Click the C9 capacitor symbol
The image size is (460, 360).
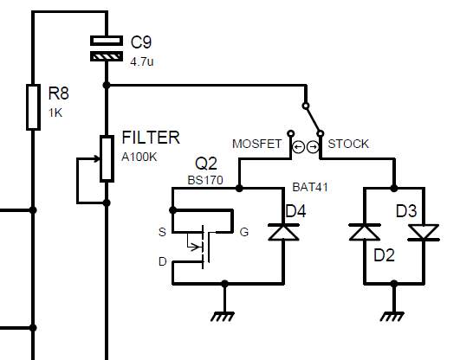(x=107, y=48)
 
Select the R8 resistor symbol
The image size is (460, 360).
(x=33, y=106)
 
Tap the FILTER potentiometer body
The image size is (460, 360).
(x=107, y=158)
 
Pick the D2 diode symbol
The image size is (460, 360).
(x=364, y=232)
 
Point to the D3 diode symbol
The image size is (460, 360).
(x=424, y=232)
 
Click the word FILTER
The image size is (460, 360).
(x=151, y=138)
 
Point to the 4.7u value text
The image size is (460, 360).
(x=142, y=62)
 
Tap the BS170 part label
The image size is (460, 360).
(x=205, y=180)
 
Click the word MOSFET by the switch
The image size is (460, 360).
(x=257, y=145)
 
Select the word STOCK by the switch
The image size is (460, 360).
(x=349, y=145)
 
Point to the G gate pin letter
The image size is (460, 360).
(x=243, y=232)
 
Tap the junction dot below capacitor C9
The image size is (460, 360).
(x=107, y=85)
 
